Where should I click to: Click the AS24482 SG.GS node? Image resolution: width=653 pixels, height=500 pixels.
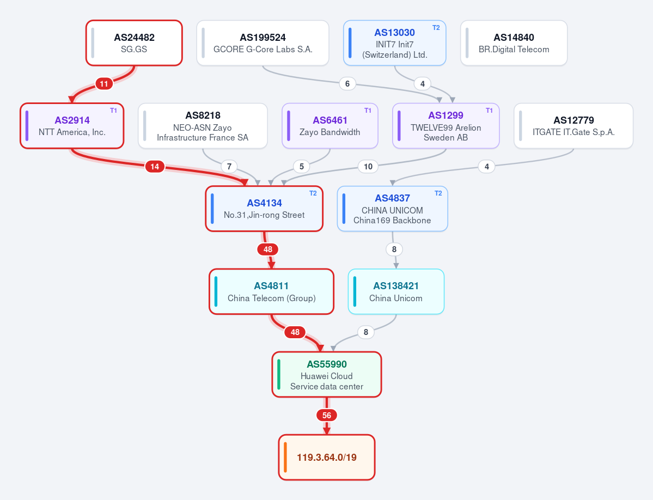[134, 43]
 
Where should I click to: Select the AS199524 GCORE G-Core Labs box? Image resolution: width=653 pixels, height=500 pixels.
[263, 43]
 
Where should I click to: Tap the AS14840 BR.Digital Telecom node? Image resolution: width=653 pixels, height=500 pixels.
[514, 43]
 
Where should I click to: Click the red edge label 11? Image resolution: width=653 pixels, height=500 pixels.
[103, 84]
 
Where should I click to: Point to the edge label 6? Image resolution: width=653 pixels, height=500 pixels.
[347, 84]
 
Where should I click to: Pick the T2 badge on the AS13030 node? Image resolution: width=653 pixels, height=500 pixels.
[436, 28]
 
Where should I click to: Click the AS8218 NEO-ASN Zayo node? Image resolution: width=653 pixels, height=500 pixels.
[203, 126]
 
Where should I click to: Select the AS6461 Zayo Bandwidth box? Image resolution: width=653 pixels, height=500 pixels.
[330, 126]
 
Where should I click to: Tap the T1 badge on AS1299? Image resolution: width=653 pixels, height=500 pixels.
[489, 111]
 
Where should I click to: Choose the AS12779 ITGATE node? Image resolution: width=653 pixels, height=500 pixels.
[573, 126]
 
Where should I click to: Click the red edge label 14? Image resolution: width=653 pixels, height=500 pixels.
[155, 167]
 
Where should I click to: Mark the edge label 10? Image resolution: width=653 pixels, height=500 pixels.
[368, 167]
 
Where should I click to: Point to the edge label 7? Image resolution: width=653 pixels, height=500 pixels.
[229, 167]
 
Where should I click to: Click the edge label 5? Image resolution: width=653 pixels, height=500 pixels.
[302, 167]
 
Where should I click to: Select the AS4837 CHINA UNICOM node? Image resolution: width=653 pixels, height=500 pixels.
[392, 209]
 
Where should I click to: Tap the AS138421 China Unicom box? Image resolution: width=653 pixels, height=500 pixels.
[396, 291]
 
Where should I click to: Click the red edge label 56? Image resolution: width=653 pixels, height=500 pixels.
[327, 415]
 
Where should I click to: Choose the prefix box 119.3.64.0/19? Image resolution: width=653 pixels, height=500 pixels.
[327, 457]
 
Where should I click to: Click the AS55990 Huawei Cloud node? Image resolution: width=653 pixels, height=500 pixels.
[327, 374]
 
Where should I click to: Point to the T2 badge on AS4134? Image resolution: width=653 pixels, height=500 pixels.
[313, 193]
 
